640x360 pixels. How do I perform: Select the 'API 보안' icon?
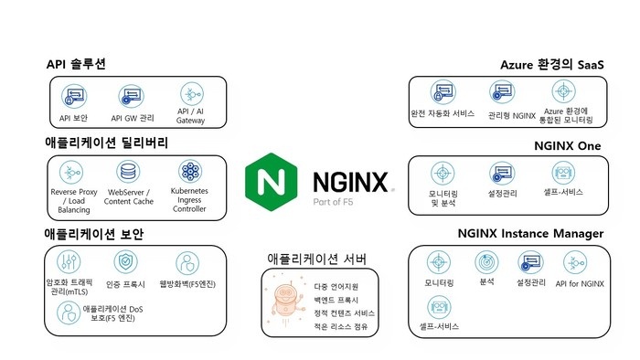[73, 96]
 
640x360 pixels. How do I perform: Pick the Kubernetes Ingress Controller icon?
[189, 172]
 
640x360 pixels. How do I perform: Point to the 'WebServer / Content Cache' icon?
[131, 172]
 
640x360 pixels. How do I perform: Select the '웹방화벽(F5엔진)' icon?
[187, 264]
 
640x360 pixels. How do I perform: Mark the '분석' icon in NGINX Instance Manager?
[486, 263]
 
